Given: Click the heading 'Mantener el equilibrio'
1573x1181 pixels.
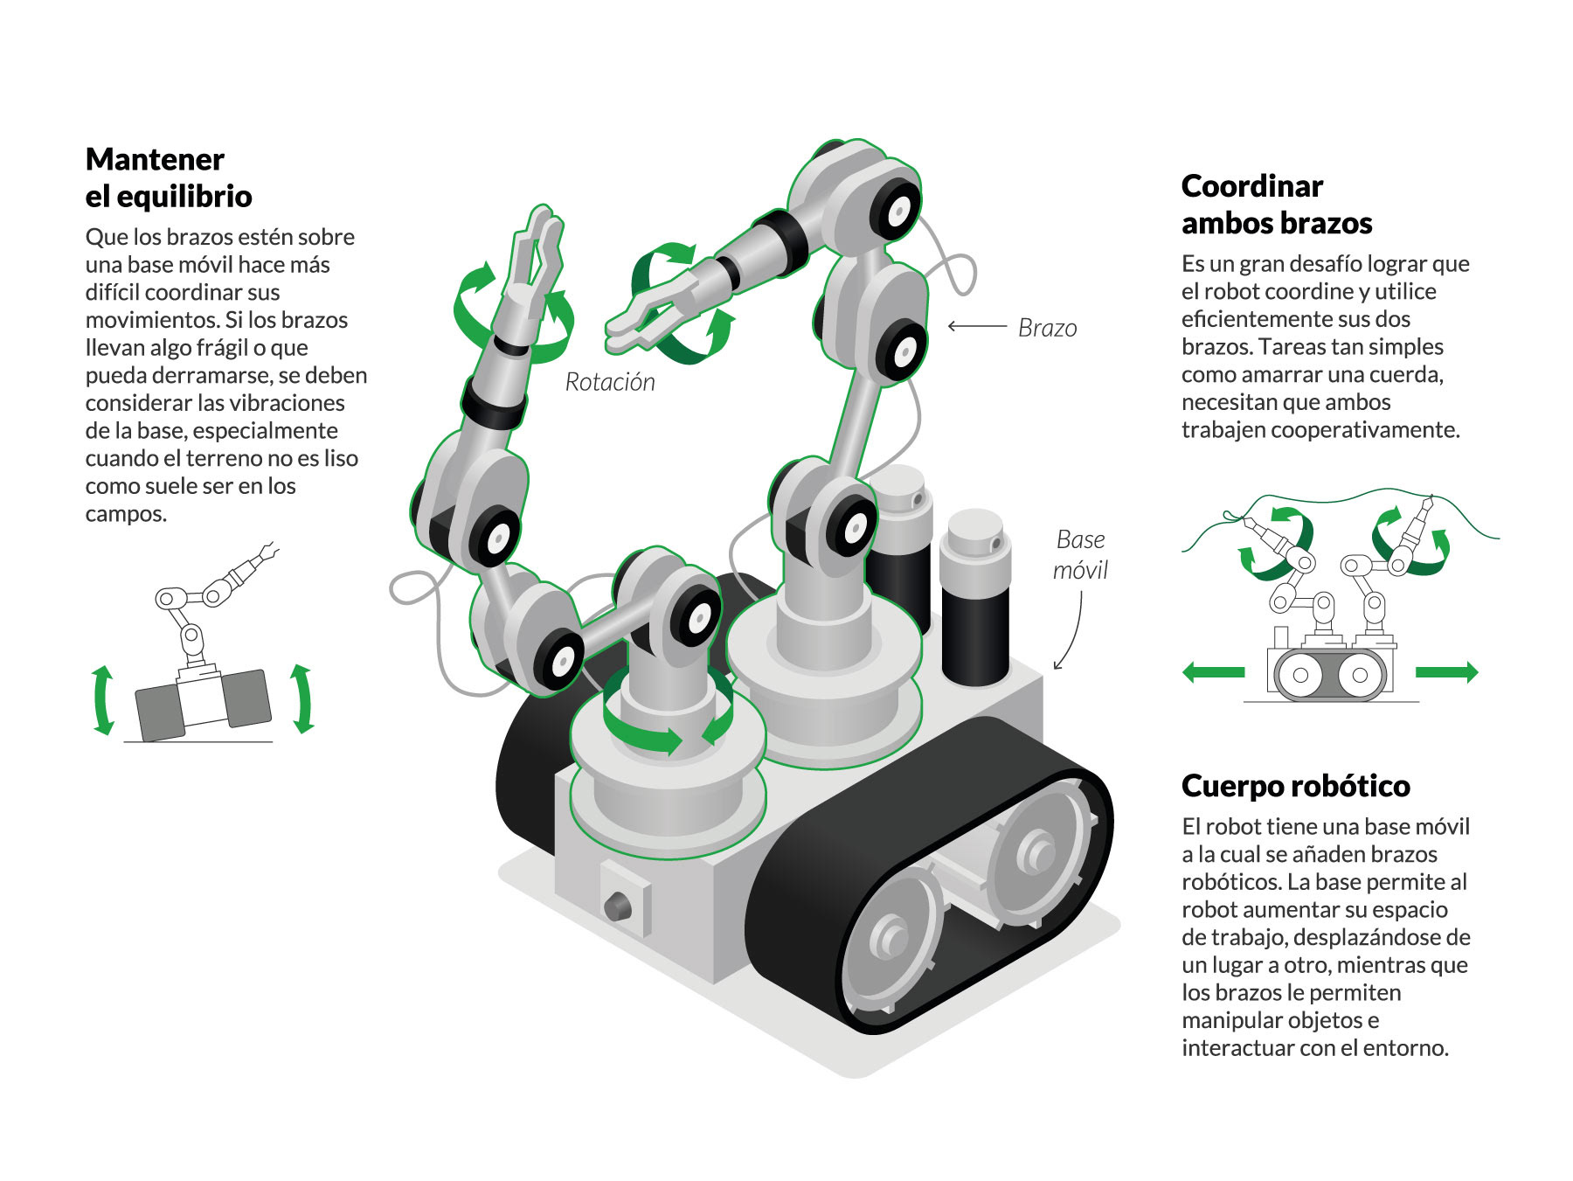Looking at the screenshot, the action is tap(168, 177).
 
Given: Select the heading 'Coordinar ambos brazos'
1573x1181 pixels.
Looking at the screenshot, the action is tap(1276, 205).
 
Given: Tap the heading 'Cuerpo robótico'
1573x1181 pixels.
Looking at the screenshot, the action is tap(1295, 786).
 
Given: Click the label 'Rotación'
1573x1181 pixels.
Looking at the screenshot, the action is tap(609, 382).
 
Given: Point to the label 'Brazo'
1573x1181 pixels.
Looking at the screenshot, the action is tap(1047, 328).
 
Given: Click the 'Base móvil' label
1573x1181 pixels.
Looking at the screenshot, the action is tap(1080, 554).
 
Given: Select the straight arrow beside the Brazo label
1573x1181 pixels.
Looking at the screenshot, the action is tap(977, 327).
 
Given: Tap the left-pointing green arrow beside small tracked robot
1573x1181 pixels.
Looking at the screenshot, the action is tap(1213, 672).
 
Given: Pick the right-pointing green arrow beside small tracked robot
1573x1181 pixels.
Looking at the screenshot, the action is tap(1446, 672).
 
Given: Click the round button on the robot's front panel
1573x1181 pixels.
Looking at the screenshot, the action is tap(617, 905).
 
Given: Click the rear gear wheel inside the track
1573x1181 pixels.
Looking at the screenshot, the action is tap(1037, 849).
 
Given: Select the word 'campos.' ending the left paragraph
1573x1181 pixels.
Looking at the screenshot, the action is tap(126, 514).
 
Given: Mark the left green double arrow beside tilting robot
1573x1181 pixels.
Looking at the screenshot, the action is tap(103, 699).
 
